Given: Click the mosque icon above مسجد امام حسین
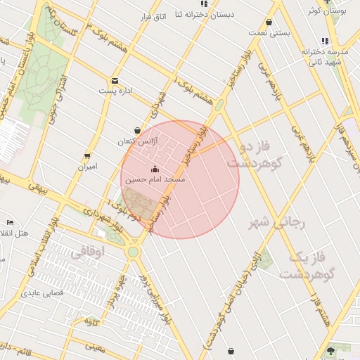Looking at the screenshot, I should click(155, 169).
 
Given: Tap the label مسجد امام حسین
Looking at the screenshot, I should click(155, 180).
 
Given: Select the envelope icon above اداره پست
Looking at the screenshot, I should click(115, 80).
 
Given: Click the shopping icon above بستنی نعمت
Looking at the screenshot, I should click(269, 22).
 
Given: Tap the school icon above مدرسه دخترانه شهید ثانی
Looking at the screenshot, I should click(324, 41).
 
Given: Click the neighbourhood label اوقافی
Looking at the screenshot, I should click(88, 250).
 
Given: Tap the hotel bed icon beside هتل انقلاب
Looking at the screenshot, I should click(10, 222).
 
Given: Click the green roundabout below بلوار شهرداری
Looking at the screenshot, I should click(133, 251).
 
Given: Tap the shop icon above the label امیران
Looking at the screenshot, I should click(87, 156).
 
